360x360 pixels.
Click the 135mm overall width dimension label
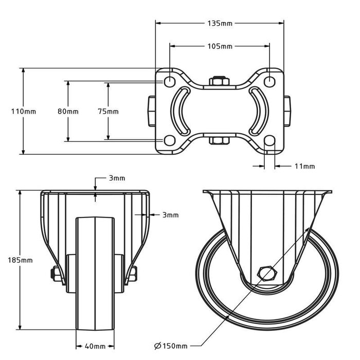tap(220, 23)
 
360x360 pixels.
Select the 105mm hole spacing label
tap(220, 46)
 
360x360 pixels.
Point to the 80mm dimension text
tap(68, 111)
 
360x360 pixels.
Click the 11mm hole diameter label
tap(304, 166)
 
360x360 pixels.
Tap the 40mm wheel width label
tap(95, 346)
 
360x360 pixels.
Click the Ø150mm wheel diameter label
tap(171, 346)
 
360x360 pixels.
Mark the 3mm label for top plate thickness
tap(117, 178)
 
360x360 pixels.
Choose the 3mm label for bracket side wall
tap(170, 215)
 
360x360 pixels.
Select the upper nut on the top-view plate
tap(219, 81)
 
